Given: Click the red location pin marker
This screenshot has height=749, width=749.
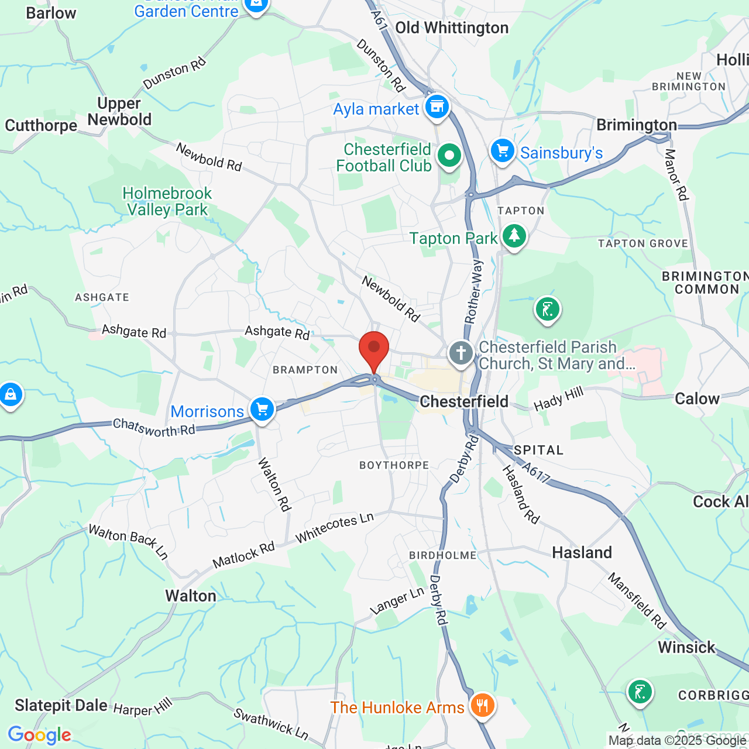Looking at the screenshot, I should pos(374,350).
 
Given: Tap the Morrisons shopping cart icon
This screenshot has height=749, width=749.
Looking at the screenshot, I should pos(262,410).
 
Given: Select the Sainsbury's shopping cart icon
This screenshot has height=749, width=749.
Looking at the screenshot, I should pos(502,151).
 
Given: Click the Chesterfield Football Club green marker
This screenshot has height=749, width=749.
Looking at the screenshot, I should pos(449,156).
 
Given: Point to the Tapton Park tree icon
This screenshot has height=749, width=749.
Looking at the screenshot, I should pos(514,236).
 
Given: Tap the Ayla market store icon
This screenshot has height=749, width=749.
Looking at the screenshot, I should pos(437,107).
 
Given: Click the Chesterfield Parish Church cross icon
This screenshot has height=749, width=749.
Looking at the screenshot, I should pos(461,353).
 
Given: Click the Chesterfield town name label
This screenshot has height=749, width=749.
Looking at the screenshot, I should pos(464,401).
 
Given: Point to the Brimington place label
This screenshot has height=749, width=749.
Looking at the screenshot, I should pos(636,125).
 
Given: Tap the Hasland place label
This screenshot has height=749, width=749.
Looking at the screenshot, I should pos(582,552).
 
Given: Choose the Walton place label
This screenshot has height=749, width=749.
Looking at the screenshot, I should pos(191,596).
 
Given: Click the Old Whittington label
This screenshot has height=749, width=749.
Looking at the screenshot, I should pos(452,28).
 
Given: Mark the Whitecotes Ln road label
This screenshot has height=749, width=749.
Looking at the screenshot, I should pos(334,527).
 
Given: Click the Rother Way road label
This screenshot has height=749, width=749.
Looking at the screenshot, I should pos(473,291).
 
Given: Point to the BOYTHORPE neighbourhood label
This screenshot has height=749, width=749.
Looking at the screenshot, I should pos(394,465).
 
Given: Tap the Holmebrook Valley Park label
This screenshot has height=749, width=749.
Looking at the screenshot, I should pos(167,201).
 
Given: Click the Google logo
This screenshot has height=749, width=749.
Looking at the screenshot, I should pos(39,735).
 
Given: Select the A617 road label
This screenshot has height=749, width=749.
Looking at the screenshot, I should pos(536,473).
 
